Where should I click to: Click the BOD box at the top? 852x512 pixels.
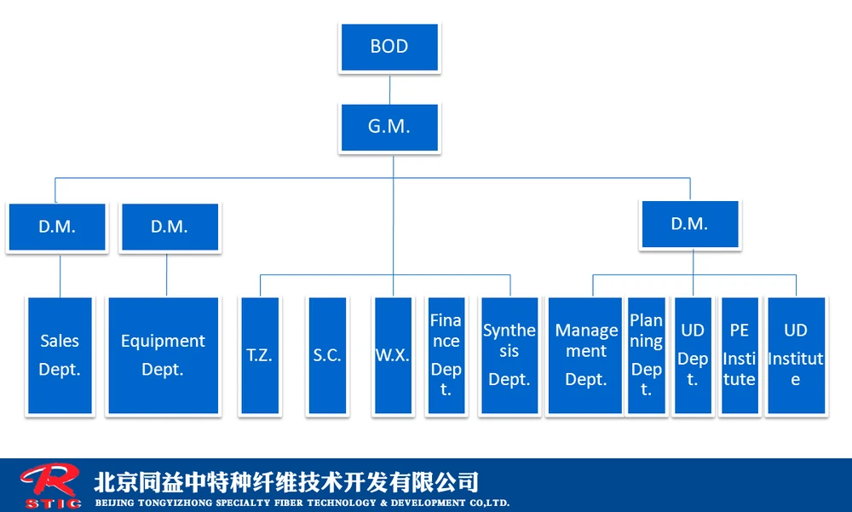coord(389,48)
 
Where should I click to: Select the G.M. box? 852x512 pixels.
coord(389,128)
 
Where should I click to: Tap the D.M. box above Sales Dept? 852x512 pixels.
coord(57,227)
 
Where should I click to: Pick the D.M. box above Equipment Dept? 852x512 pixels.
coord(170,227)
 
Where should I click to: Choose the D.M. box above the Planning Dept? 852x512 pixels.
coord(689,225)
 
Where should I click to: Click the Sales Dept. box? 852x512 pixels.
coord(60,355)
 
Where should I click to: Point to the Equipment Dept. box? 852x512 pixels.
coord(163,355)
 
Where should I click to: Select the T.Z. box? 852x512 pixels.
coord(260,355)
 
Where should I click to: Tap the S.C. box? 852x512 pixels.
coord(327,355)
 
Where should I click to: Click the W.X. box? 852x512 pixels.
coord(394,355)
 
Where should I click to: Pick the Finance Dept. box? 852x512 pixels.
coord(446,355)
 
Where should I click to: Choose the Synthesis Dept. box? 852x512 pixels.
coord(509,355)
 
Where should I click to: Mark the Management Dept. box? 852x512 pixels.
coord(585,355)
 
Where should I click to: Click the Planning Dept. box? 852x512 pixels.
coord(647,355)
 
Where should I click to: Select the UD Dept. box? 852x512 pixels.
coord(693,355)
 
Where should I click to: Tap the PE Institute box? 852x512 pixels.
coord(740,355)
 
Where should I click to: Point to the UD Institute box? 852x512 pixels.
coord(796,355)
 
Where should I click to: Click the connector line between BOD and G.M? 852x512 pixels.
coord(390,89)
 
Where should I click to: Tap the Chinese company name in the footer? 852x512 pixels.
coord(286,481)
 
